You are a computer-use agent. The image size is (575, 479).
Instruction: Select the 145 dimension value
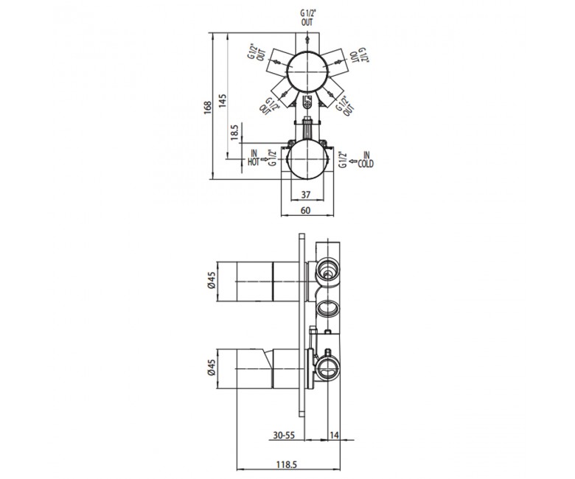pyautogui.click(x=223, y=100)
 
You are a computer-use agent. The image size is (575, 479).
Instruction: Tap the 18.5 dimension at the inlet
pyautogui.click(x=234, y=133)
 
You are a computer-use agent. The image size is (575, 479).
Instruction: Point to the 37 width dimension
pyautogui.click(x=306, y=195)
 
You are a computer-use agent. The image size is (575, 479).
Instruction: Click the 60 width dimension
pyautogui.click(x=305, y=210)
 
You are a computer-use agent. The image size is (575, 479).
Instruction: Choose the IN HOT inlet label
pyautogui.click(x=254, y=158)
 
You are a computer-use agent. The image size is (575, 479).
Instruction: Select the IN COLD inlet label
pyautogui.click(x=366, y=160)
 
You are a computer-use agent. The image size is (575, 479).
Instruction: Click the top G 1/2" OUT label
pyautogui.click(x=307, y=18)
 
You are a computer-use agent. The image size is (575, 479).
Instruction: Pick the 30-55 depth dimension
pyautogui.click(x=285, y=436)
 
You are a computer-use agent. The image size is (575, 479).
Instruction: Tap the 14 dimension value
pyautogui.click(x=334, y=436)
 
